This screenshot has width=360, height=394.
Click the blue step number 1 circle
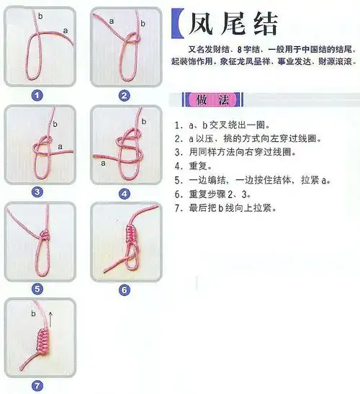(37, 94)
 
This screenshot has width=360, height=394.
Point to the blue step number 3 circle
(37, 192)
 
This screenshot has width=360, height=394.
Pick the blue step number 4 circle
(125, 193)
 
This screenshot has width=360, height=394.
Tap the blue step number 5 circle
(37, 289)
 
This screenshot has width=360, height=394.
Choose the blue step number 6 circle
(125, 289)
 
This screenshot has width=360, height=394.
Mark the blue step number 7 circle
(37, 385)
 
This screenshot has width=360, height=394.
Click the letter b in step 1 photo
(40, 15)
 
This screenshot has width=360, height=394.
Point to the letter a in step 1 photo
(66, 31)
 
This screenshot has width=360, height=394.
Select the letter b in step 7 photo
(33, 314)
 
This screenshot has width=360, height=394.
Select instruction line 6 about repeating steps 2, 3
(215, 194)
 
